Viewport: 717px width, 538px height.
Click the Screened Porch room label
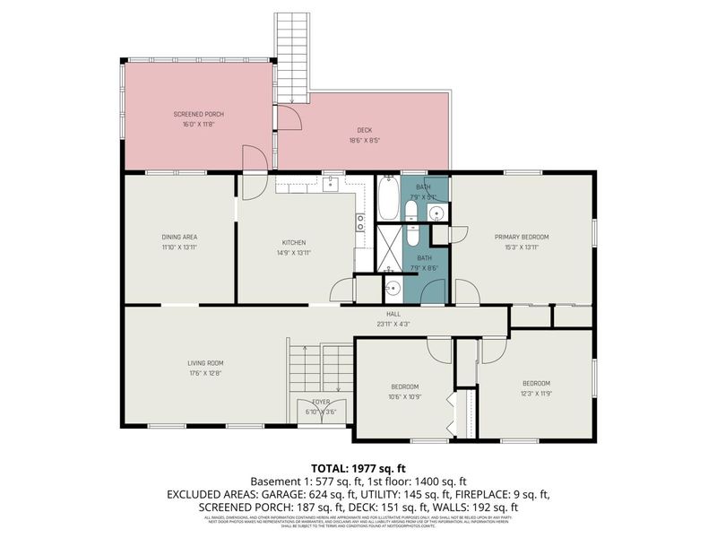click(x=198, y=115)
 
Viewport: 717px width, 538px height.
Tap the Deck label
click(x=364, y=129)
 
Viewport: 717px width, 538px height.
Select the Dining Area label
click(x=179, y=237)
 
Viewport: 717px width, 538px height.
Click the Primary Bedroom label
click(x=522, y=237)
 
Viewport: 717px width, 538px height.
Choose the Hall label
click(x=393, y=314)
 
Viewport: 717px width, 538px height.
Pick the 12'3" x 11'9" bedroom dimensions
click(x=536, y=393)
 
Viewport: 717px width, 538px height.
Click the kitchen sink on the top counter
click(x=330, y=185)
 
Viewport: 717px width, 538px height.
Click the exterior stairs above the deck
click(x=291, y=54)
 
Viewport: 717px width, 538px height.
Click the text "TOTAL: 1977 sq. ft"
click(x=358, y=468)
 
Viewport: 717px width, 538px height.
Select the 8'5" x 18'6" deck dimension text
click(x=364, y=139)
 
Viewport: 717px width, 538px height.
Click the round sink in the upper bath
click(x=436, y=213)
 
